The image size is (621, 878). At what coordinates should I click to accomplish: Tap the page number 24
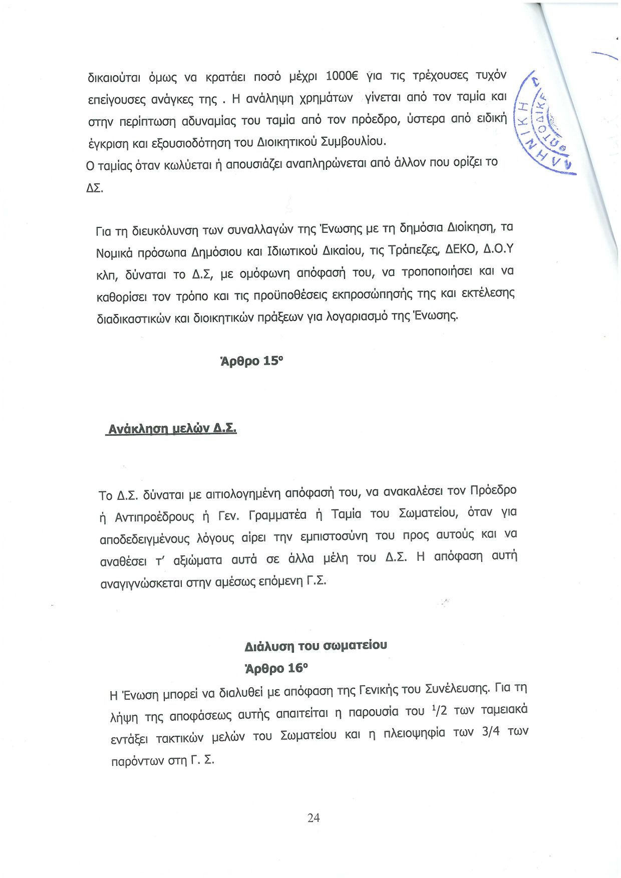tap(314, 818)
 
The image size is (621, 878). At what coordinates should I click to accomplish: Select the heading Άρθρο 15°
tap(252, 361)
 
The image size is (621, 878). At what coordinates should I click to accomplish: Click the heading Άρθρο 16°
tap(276, 668)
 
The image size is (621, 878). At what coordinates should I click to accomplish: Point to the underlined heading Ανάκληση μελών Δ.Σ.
tap(172, 429)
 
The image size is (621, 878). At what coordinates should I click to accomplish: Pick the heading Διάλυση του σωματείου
tap(316, 646)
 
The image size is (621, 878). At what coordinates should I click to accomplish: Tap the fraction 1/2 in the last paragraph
tap(439, 711)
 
